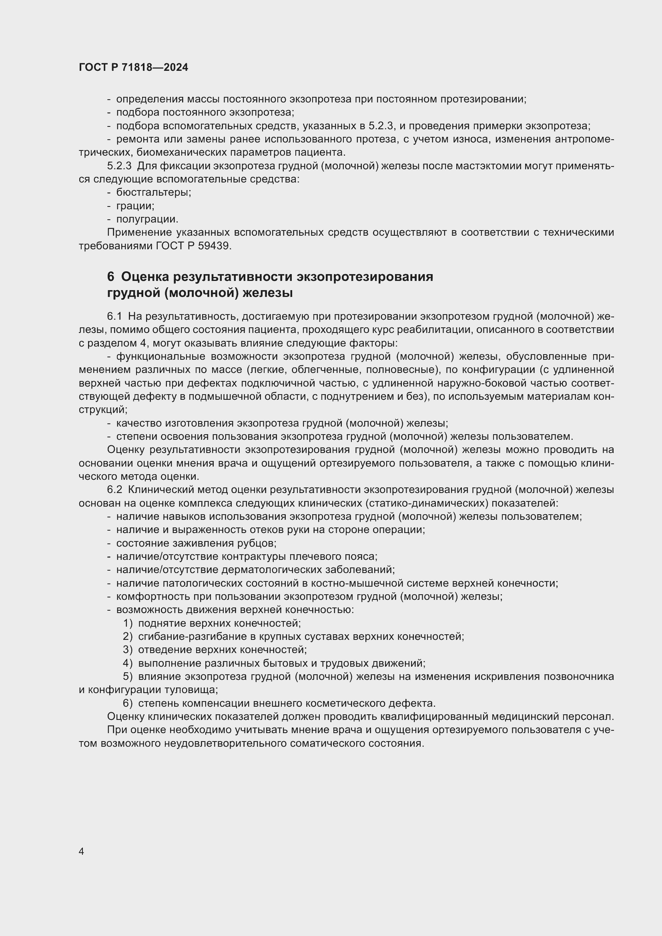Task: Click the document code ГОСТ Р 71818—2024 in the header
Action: (x=133, y=68)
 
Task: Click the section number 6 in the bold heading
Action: (x=110, y=277)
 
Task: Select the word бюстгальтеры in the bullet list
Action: (x=153, y=192)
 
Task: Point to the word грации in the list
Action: (x=135, y=206)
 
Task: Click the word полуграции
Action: (x=147, y=219)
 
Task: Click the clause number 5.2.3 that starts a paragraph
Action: (x=119, y=166)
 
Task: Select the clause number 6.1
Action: (x=114, y=317)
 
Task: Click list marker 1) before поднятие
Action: (x=128, y=623)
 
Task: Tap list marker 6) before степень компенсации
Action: (x=128, y=703)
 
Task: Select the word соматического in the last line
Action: (x=328, y=744)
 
